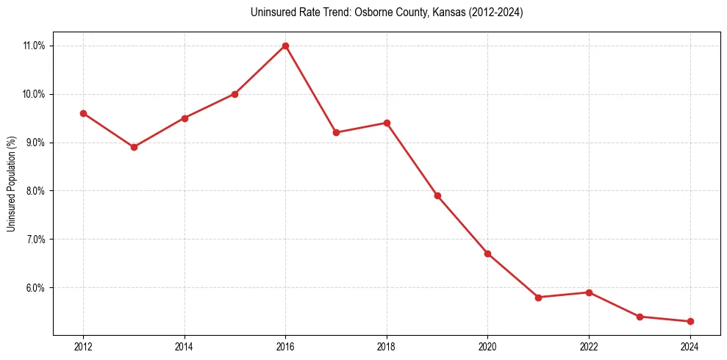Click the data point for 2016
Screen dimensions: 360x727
[285, 46]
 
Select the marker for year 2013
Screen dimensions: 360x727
[134, 147]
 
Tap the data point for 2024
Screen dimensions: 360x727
[690, 321]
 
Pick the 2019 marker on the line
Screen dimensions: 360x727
[437, 195]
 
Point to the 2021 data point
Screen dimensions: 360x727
[538, 298]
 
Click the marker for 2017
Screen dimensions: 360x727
[336, 132]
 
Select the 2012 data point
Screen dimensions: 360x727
[83, 113]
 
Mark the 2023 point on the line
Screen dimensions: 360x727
[640, 317]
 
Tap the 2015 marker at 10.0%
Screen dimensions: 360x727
[234, 94]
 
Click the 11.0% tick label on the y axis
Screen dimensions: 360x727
[34, 46]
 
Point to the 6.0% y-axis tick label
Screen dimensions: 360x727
[35, 288]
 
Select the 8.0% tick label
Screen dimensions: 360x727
[35, 191]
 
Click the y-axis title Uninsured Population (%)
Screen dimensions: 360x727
[11, 184]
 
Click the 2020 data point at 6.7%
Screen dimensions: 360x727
[487, 253]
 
